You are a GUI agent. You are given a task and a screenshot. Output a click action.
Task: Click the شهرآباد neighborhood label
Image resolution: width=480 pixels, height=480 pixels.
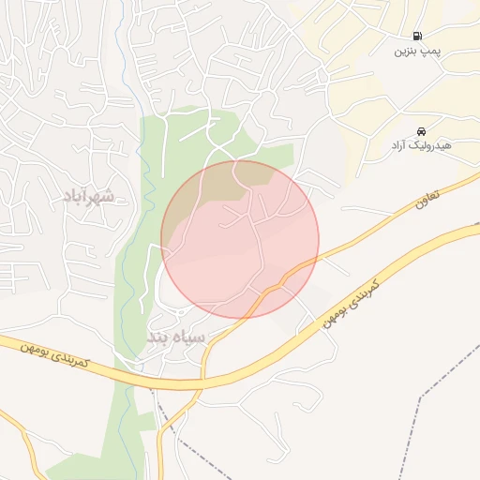[88, 196]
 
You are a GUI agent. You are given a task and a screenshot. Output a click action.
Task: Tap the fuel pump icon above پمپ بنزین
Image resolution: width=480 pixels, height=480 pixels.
[416, 36]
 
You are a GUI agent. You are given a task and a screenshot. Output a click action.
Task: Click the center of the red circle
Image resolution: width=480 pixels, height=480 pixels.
[240, 239]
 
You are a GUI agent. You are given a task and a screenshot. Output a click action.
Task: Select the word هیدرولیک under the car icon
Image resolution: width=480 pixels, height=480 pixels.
[434, 147]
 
